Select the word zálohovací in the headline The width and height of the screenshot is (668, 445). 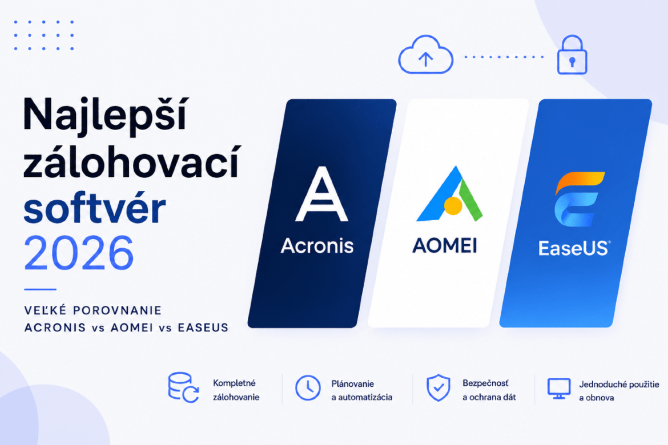[x=132, y=162]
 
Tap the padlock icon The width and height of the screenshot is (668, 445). [x=572, y=55]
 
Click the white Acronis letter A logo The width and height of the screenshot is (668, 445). [x=322, y=194]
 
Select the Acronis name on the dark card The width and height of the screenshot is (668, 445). [x=317, y=246]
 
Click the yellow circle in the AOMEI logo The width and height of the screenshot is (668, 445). [x=453, y=206]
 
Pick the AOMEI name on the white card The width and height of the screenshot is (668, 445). [x=445, y=245]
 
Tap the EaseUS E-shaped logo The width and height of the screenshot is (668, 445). [x=578, y=199]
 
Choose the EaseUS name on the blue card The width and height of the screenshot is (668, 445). [x=574, y=248]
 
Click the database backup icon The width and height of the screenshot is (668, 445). [x=183, y=387]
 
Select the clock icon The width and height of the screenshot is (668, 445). [x=308, y=387]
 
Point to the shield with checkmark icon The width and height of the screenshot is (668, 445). [x=438, y=387]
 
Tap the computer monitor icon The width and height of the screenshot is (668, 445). [x=559, y=389]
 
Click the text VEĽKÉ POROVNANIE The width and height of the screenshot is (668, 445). [x=93, y=310]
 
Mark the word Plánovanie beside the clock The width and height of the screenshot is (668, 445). [x=353, y=384]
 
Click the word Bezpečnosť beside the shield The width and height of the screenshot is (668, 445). [x=486, y=383]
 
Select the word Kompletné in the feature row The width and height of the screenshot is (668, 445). [x=234, y=383]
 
